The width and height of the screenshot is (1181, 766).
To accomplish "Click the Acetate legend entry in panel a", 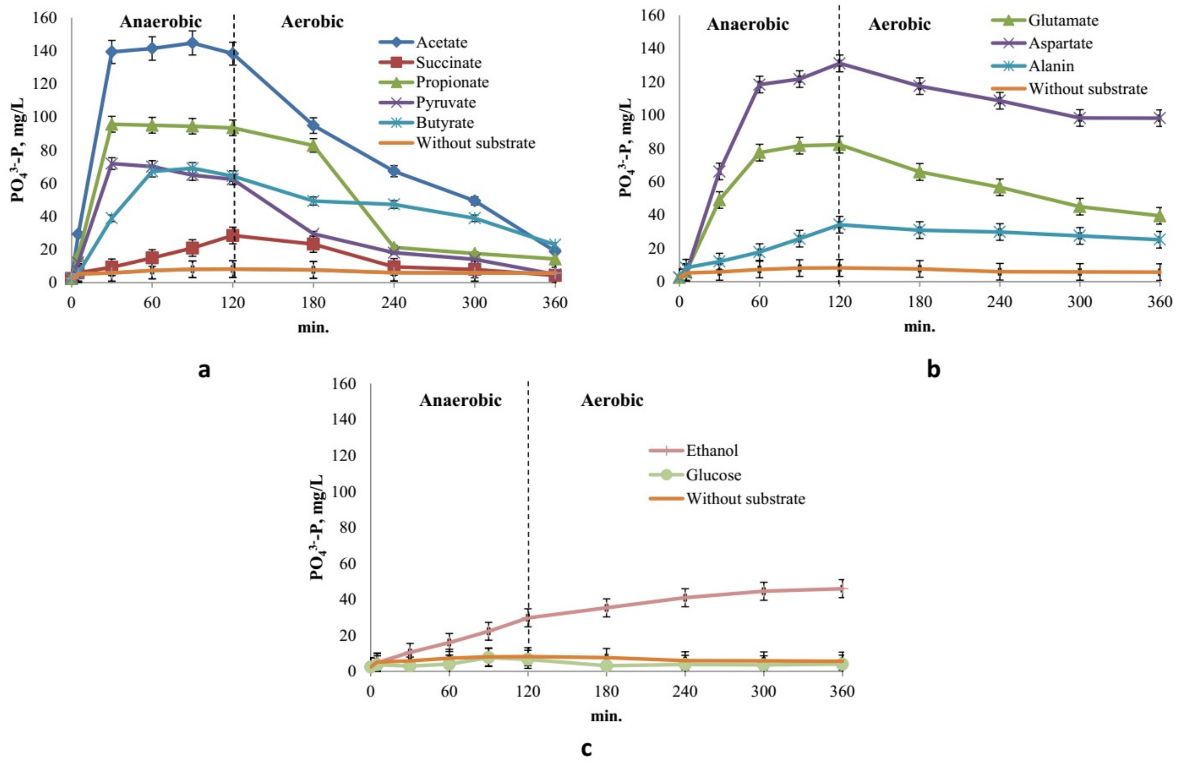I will (x=441, y=42).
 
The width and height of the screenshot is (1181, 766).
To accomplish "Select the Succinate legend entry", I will (x=448, y=62).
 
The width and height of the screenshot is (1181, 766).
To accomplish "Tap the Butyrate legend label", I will (x=444, y=123).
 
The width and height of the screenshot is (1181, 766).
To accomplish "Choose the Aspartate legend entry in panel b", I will (x=1060, y=43).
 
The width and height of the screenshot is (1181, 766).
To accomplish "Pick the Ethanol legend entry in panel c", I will (x=712, y=450).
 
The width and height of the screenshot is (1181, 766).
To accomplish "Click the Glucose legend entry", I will (x=713, y=475).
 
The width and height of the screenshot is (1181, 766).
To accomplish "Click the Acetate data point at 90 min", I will (x=193, y=43).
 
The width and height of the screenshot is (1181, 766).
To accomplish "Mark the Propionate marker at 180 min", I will (x=313, y=146).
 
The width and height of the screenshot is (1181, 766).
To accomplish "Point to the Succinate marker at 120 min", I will (x=233, y=235).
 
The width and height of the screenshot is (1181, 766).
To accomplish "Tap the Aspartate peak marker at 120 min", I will (x=839, y=63).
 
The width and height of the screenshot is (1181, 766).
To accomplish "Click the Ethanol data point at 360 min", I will (x=841, y=589).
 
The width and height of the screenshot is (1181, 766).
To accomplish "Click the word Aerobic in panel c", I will (x=612, y=400).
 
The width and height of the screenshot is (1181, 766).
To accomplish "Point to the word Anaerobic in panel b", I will (x=747, y=24).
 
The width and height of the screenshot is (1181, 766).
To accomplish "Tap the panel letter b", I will (x=933, y=369).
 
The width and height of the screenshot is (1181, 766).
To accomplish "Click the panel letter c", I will (x=586, y=748).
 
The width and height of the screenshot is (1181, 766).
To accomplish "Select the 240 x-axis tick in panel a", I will (x=394, y=302).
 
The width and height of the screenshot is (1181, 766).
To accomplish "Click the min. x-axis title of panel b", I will (x=919, y=327).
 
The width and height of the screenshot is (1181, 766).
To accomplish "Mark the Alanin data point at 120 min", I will (x=839, y=225).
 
